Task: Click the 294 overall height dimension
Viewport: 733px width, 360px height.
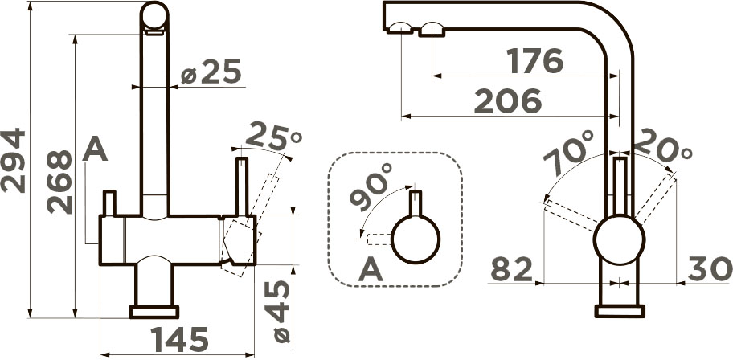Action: pyautogui.click(x=13, y=160)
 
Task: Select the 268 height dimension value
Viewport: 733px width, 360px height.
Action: pyautogui.click(x=59, y=182)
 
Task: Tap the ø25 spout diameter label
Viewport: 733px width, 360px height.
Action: pyautogui.click(x=211, y=72)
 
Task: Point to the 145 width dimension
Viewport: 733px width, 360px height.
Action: pyautogui.click(x=179, y=339)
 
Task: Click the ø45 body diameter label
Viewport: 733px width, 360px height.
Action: pyautogui.click(x=276, y=312)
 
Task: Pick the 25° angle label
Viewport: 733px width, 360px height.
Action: pyautogui.click(x=273, y=136)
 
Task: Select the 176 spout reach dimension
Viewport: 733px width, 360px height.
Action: pyautogui.click(x=535, y=61)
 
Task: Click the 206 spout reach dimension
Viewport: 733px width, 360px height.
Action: pyautogui.click(x=508, y=101)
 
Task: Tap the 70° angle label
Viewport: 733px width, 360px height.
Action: pyautogui.click(x=568, y=152)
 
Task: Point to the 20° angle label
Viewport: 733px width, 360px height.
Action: pyautogui.click(x=663, y=146)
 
